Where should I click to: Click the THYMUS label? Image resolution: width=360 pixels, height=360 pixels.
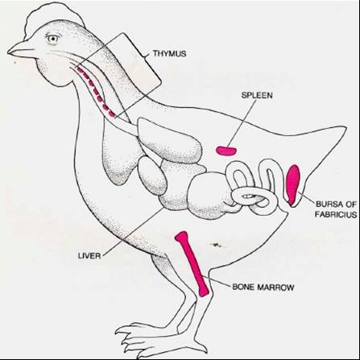(169, 53)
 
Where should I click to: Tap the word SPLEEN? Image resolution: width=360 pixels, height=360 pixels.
(257, 95)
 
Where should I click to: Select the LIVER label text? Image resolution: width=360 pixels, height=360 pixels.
(89, 255)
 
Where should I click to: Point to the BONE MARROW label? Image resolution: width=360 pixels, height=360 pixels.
(263, 288)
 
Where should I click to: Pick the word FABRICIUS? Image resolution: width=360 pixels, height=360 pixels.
(336, 214)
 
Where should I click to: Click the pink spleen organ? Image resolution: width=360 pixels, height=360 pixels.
(226, 151)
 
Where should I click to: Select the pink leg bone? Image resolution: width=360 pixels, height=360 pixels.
(192, 263)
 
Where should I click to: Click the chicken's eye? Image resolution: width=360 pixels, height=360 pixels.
(52, 39)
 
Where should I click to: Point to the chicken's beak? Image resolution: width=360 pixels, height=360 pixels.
(22, 49)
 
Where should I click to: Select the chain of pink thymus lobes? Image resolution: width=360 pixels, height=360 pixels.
(97, 92)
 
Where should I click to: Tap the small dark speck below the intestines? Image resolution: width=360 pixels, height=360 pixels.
(217, 245)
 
